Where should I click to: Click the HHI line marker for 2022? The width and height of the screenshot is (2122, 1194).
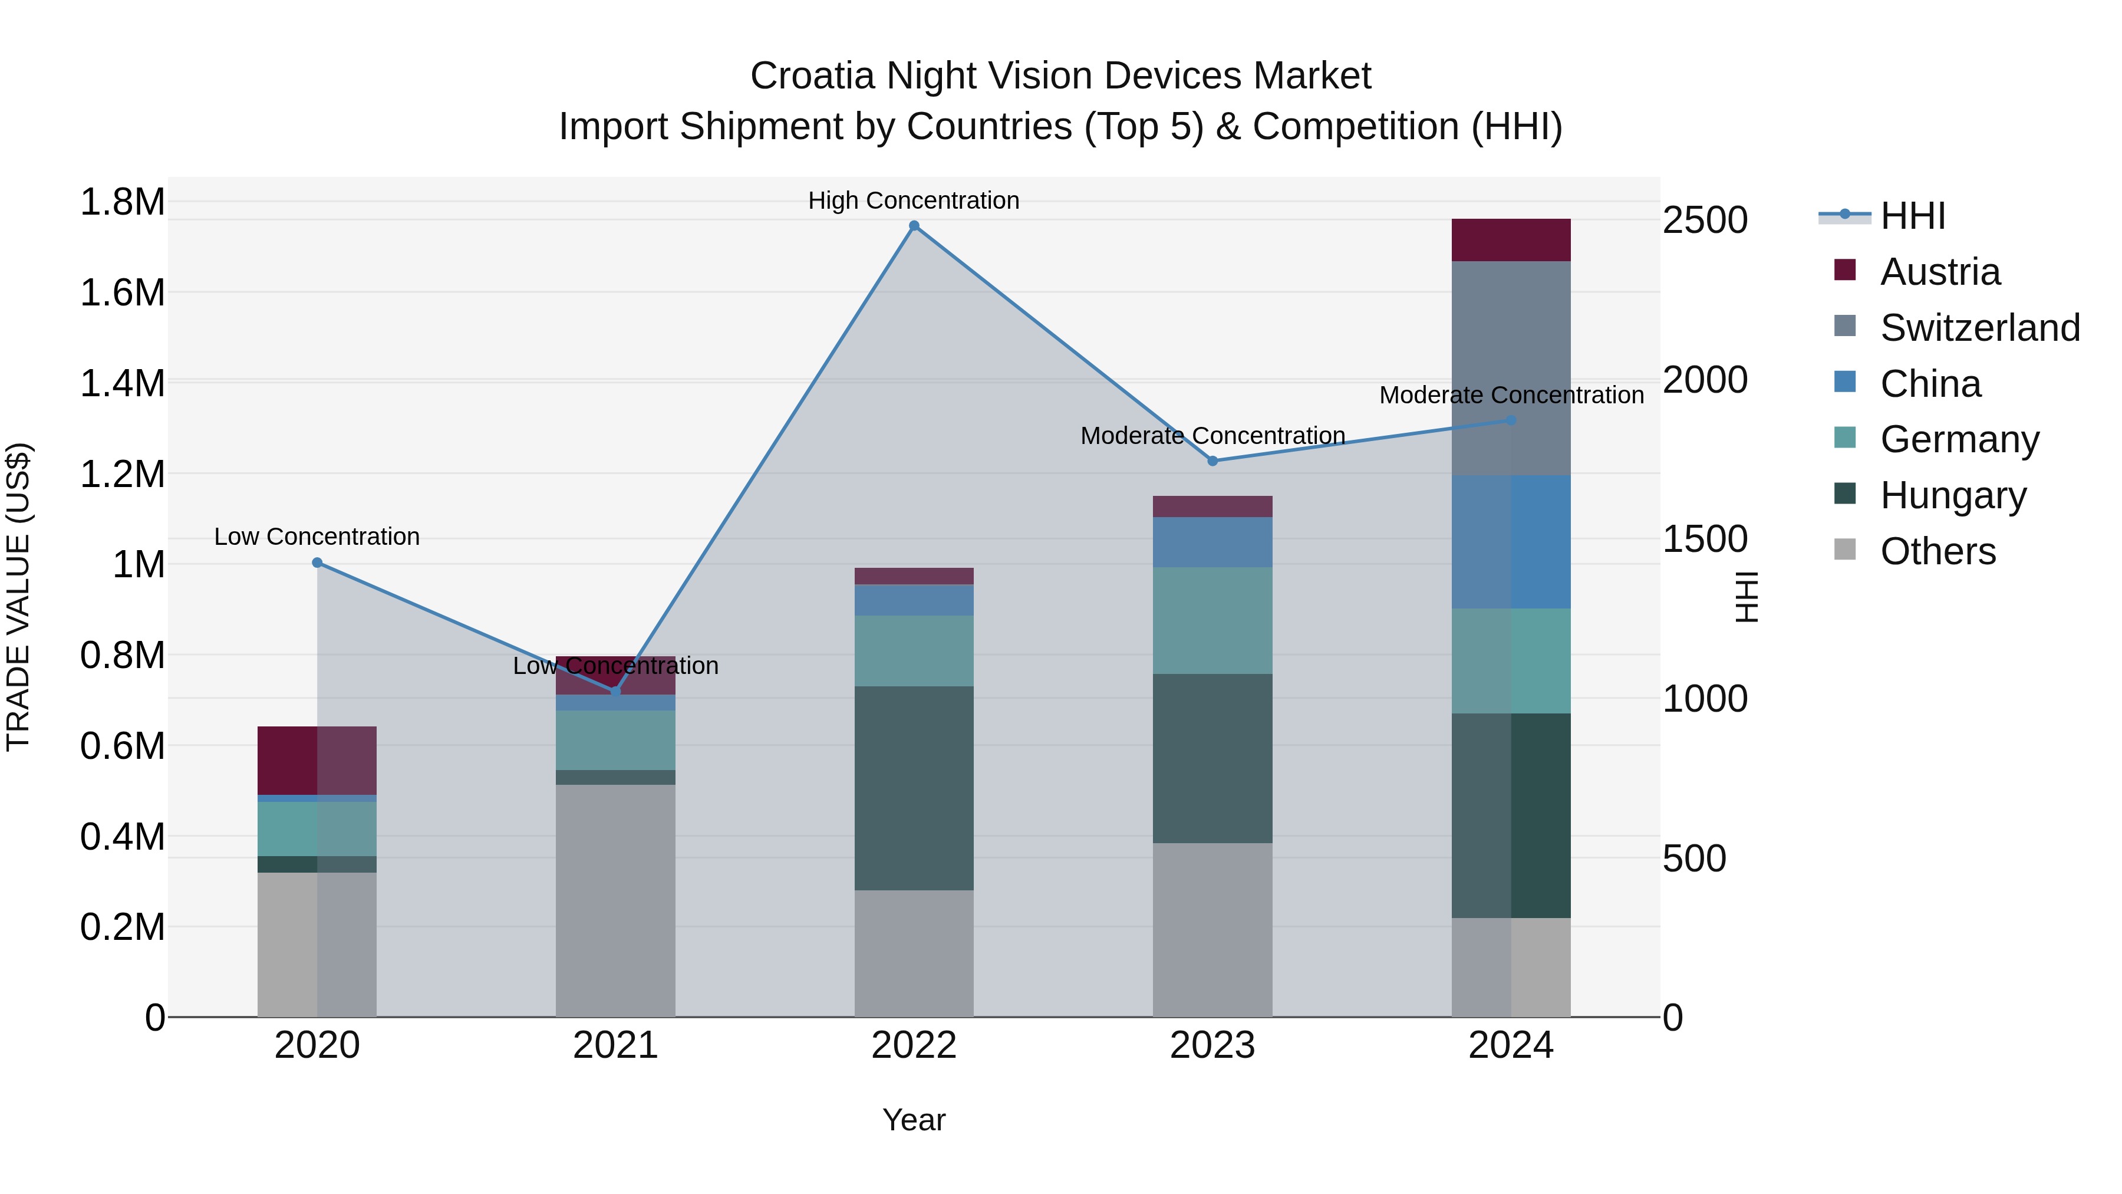(914, 226)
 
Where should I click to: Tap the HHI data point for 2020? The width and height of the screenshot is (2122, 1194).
(317, 563)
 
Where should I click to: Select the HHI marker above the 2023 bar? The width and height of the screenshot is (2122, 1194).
(1212, 462)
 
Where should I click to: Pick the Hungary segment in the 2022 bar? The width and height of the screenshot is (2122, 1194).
(914, 788)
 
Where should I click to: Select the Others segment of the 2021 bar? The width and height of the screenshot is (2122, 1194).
(615, 900)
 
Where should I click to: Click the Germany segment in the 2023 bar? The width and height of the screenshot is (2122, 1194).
(1212, 620)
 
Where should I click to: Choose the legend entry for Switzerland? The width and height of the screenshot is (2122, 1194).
(1979, 328)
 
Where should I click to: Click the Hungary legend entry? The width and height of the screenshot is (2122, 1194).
(1952, 495)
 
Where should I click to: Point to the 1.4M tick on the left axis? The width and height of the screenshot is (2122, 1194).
(122, 384)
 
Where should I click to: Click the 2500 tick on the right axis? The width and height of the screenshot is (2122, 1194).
(1704, 221)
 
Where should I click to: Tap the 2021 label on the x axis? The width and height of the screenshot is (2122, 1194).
(615, 1045)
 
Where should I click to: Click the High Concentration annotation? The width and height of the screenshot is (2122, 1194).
(914, 200)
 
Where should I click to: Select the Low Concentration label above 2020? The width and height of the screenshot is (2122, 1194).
(317, 537)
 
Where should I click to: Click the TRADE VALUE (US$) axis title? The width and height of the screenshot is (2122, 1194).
(18, 597)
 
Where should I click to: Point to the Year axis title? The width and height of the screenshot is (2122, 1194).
(914, 1120)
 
